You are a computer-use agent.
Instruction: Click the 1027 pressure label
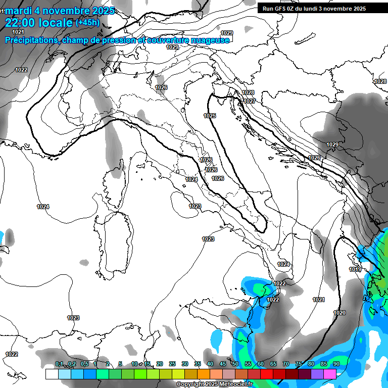pyautogui.click(x=249, y=101)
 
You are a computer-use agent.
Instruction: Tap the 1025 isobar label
pyautogui.click(x=210, y=116)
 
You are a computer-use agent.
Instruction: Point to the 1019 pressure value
pyautogui.click(x=355, y=269)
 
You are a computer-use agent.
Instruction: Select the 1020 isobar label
pyautogui.click(x=339, y=313)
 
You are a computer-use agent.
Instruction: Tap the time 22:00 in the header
pyautogui.click(x=21, y=22)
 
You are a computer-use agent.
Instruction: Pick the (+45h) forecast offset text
pyautogui.click(x=87, y=23)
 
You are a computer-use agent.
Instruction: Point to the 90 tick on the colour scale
pyautogui.click(x=336, y=364)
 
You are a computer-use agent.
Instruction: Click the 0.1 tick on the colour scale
pyautogui.click(x=59, y=364)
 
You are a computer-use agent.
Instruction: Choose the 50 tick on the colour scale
pyautogui.click(x=235, y=364)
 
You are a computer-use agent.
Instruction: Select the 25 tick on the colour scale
pyautogui.click(x=172, y=364)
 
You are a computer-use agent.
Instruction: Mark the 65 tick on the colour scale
pyautogui.click(x=273, y=364)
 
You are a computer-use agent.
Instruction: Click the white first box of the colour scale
pyautogui.click(x=52, y=374)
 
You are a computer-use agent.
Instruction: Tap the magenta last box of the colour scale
pyautogui.click(x=330, y=374)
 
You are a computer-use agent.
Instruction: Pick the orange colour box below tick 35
pyautogui.click(x=204, y=374)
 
